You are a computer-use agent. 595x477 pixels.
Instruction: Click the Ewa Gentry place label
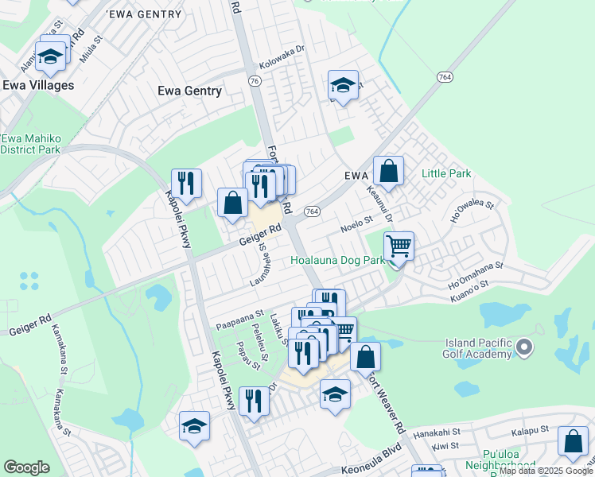[x=189, y=91]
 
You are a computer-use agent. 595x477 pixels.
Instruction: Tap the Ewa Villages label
[x=38, y=85]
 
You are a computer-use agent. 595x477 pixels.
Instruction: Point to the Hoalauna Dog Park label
[x=337, y=260]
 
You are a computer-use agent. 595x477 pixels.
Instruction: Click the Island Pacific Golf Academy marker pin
[x=523, y=347]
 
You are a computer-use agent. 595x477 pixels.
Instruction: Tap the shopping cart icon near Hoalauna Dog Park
[x=398, y=246]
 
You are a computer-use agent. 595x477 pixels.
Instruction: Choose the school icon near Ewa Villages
[x=51, y=56]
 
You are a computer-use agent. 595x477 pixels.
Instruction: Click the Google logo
[x=26, y=467]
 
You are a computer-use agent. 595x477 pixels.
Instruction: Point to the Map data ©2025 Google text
[x=546, y=471]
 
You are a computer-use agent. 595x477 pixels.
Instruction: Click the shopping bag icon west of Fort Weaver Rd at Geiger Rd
[x=232, y=203]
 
